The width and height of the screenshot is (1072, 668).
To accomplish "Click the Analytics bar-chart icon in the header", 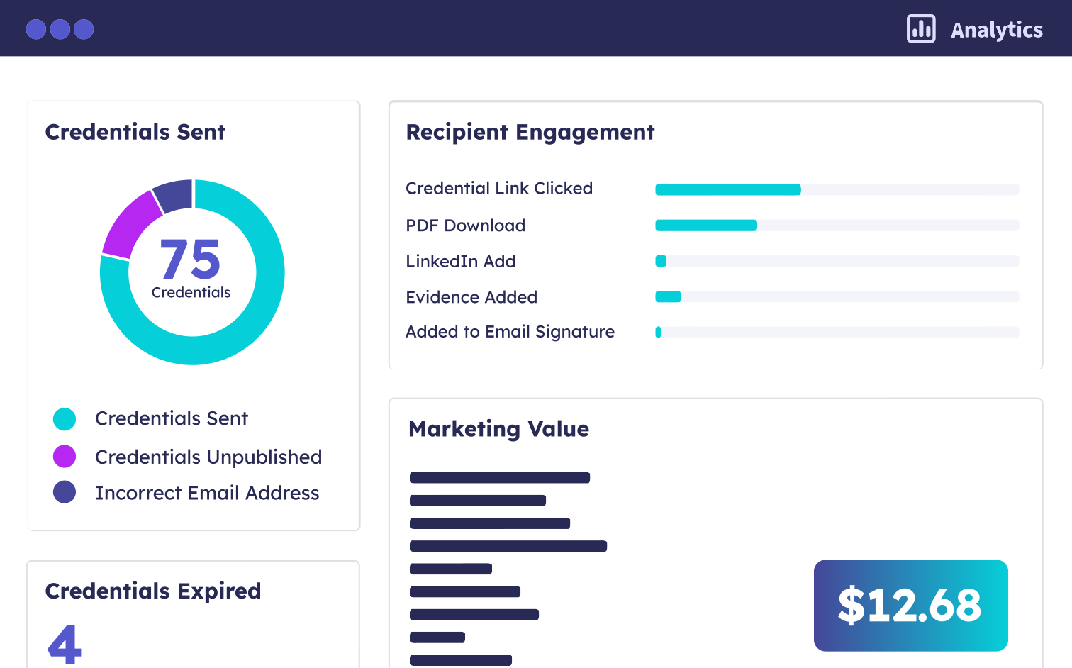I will [x=921, y=29].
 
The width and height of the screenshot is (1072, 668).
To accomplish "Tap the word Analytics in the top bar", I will [x=996, y=30].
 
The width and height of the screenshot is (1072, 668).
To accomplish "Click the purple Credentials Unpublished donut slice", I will [x=130, y=223].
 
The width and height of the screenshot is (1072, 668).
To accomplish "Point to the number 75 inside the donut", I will [x=191, y=260].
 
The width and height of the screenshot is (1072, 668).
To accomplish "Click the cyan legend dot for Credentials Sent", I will [x=65, y=419].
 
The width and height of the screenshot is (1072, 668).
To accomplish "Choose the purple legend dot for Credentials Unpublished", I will [x=65, y=457].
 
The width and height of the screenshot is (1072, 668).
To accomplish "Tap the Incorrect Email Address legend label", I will [x=207, y=493].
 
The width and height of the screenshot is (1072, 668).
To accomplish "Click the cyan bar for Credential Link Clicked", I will [x=727, y=189].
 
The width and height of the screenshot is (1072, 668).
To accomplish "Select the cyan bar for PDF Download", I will [x=705, y=226].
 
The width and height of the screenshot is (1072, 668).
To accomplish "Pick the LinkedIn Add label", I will [x=460, y=262].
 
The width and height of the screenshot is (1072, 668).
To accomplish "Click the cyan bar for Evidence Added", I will [x=668, y=296].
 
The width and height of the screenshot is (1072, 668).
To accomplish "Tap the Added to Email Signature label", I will [x=510, y=332].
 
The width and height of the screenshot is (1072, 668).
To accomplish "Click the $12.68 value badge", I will [x=910, y=606].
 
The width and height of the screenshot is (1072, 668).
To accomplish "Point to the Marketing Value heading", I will [x=498, y=429].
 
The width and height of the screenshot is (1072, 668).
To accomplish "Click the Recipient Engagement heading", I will [x=530, y=132].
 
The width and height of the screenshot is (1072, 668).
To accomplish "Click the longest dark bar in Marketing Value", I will [x=508, y=546].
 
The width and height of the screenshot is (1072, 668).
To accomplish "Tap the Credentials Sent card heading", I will [x=135, y=132].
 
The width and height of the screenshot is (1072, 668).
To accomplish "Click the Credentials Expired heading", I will [x=152, y=591].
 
